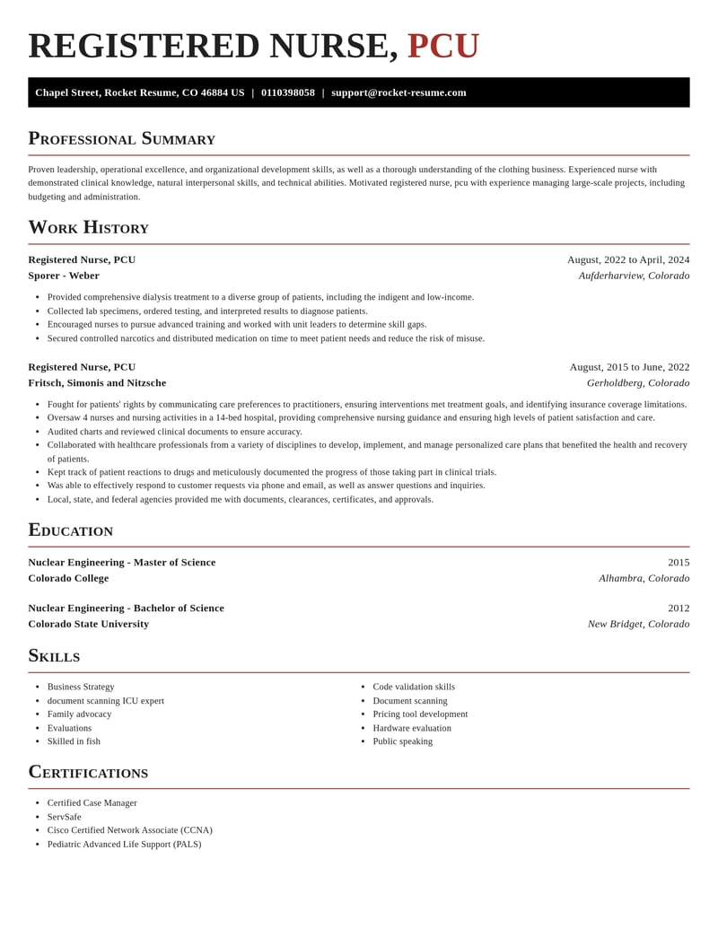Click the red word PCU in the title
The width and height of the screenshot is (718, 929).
coord(443,47)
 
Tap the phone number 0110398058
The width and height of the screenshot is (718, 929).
coord(288,92)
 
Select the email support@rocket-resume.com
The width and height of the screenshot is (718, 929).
coord(398,92)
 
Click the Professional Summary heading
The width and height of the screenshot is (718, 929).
coord(121,138)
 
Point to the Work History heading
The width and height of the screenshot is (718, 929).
coord(88,227)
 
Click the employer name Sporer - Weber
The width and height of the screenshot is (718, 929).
coord(64,276)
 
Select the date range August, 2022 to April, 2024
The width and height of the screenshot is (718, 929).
coord(628,259)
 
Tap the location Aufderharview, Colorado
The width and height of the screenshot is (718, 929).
coord(634,276)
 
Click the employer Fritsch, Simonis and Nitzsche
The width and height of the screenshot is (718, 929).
coord(97,382)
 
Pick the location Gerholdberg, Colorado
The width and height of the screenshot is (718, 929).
coord(638,382)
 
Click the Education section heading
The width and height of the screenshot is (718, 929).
coord(70,530)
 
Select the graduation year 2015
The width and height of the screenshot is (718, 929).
coord(679,562)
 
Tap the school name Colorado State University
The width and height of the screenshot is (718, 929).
coord(88,624)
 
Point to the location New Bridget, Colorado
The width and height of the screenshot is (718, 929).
coord(638,624)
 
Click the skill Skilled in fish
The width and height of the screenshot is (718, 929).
coord(74,741)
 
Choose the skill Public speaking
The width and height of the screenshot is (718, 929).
coord(402,741)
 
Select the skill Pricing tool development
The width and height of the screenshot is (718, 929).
coord(420,714)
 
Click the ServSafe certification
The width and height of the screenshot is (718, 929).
coord(64,817)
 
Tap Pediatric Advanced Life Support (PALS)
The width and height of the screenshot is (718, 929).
coord(124,844)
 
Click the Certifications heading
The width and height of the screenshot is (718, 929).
coord(88,772)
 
